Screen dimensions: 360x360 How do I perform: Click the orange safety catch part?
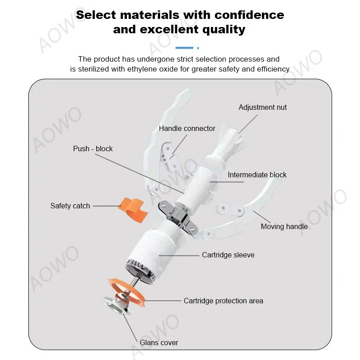point(133,210)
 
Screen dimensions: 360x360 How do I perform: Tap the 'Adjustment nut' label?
point(262,107)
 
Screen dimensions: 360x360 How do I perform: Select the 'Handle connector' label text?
point(187,128)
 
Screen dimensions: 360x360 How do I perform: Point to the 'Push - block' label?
point(93,148)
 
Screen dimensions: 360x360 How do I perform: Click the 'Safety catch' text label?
point(70,206)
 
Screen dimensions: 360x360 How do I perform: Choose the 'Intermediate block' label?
point(257,175)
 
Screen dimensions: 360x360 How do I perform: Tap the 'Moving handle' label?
point(284,226)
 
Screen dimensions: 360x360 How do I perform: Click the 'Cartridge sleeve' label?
point(228,255)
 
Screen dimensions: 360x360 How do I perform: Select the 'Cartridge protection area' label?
point(223,301)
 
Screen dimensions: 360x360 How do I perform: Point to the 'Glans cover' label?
point(159,342)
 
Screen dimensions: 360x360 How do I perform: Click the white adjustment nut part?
point(224,148)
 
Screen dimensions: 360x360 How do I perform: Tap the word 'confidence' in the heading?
point(249,15)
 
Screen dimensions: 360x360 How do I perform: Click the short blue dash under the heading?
point(184,48)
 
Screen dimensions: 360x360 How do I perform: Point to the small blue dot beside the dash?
point(198,48)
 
